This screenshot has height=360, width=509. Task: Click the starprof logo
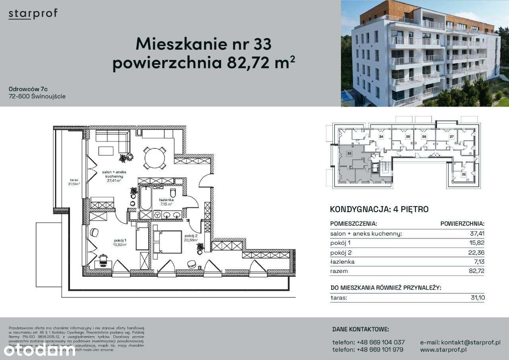[x=33, y=14]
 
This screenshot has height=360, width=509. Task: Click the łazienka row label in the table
[x=342, y=262]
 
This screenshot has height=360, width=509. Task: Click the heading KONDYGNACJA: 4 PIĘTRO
[x=379, y=209]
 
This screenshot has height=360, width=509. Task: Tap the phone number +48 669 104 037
[x=369, y=342]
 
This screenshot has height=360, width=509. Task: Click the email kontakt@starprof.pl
[x=460, y=342]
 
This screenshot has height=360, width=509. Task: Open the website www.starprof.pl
[x=443, y=350]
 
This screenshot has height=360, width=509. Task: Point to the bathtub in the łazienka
[x=145, y=199]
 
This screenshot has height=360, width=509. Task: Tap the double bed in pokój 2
[x=167, y=241]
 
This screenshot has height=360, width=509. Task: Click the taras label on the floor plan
[x=73, y=180]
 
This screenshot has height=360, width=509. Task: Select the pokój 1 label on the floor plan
[x=120, y=240]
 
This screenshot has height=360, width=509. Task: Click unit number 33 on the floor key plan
[x=349, y=153]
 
